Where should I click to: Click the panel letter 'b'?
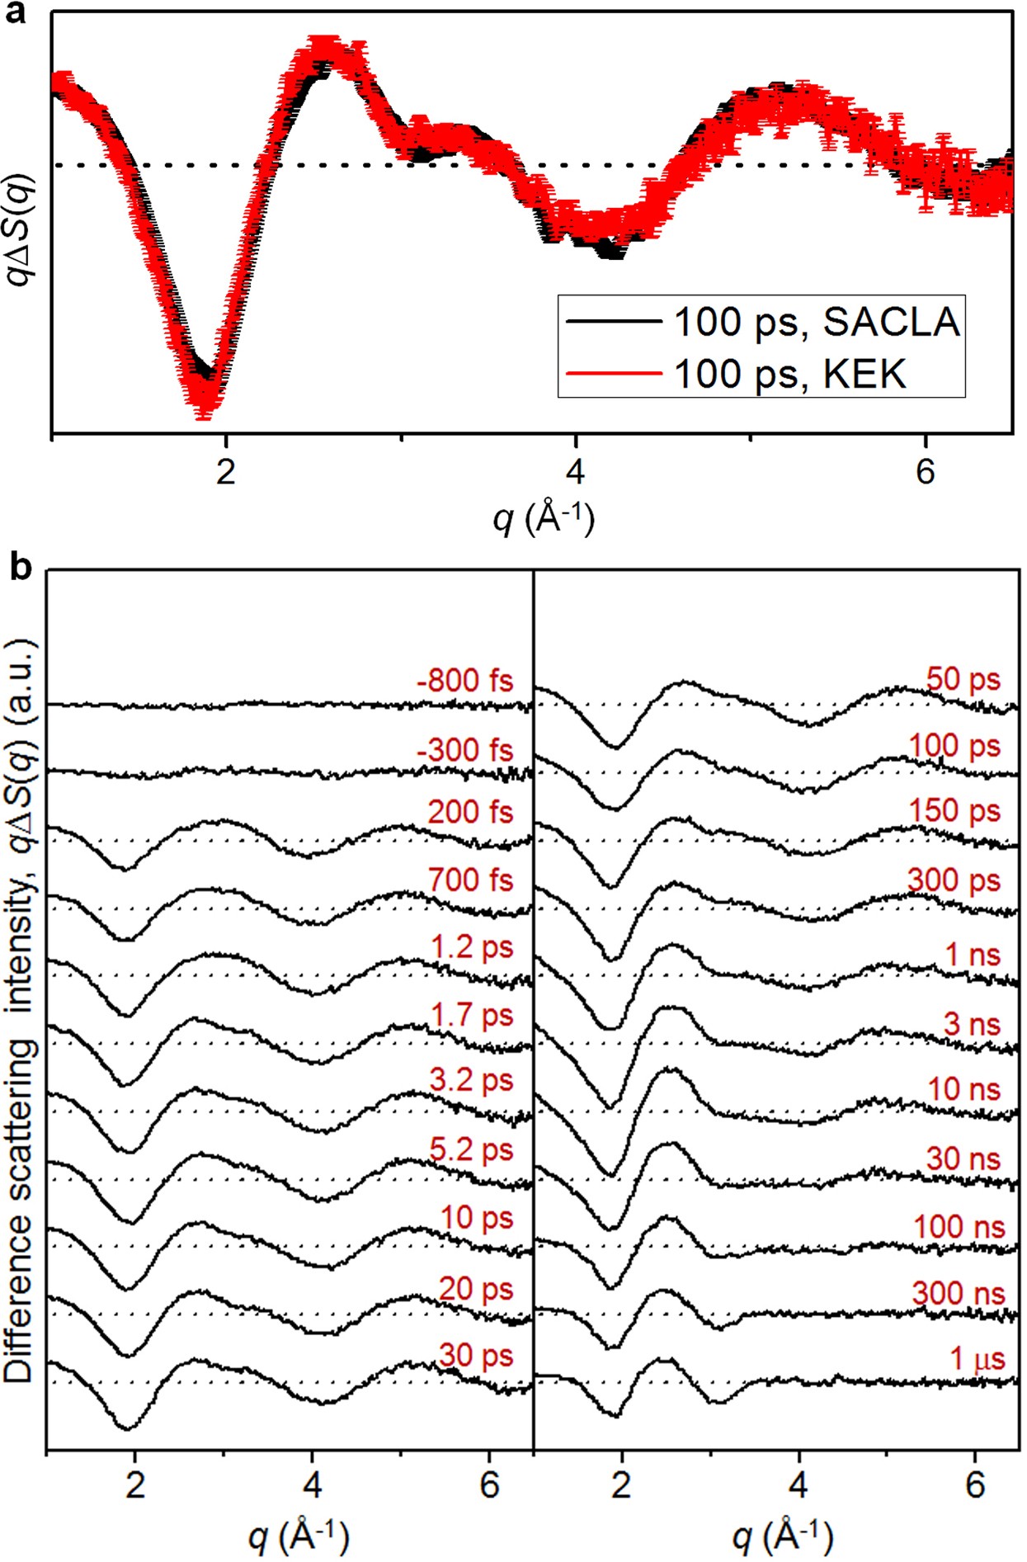tap(20, 568)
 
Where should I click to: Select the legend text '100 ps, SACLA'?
tap(817, 322)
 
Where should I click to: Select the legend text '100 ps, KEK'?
tap(789, 374)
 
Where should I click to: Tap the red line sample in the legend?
tap(614, 373)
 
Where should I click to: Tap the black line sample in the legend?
tap(614, 321)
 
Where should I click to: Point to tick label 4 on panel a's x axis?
tap(575, 471)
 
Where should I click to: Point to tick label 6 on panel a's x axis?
tap(925, 471)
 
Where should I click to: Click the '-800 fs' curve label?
tap(465, 681)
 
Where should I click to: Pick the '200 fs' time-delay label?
tap(470, 812)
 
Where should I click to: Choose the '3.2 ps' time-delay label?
tap(471, 1080)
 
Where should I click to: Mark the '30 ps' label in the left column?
tap(476, 1355)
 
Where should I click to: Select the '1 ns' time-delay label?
tap(973, 955)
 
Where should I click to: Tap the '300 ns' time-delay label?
tap(959, 1293)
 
